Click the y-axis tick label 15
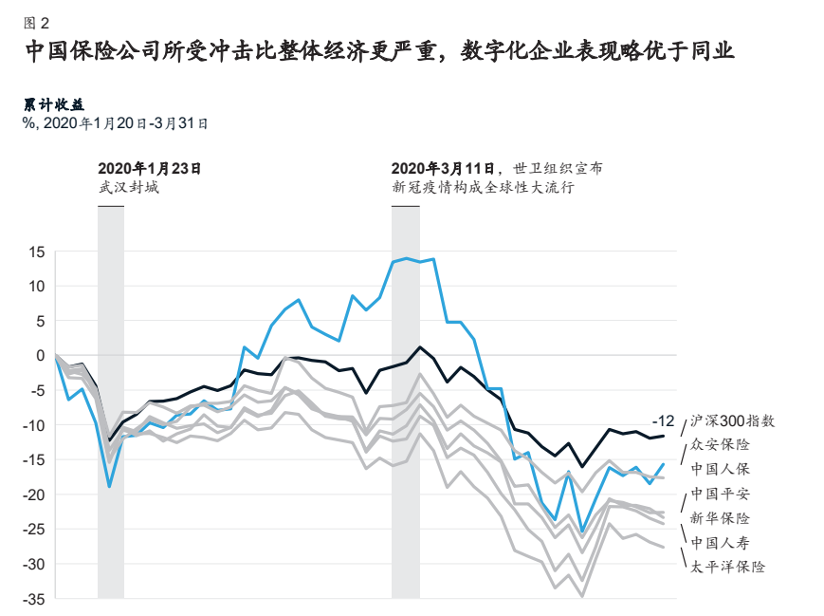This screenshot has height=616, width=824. [x=37, y=252]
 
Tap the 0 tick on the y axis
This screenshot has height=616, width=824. [x=41, y=355]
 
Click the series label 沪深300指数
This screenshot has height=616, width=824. [x=733, y=420]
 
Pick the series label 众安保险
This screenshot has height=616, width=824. [x=720, y=444]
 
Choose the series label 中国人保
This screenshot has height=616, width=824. [x=720, y=469]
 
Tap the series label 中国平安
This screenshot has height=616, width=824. [x=720, y=494]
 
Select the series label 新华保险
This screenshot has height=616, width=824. [x=720, y=518]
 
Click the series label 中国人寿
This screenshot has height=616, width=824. [x=720, y=543]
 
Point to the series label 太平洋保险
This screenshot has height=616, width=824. [x=727, y=567]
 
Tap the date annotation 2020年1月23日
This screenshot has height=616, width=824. [x=150, y=168]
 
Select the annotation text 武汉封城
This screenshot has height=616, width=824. [x=129, y=187]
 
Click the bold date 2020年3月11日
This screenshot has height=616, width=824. [x=447, y=168]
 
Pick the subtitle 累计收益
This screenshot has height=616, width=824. [x=48, y=104]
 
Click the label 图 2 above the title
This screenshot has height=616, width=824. [x=36, y=21]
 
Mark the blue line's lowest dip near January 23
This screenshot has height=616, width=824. [x=111, y=486]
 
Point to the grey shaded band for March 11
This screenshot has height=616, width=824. [x=406, y=399]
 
